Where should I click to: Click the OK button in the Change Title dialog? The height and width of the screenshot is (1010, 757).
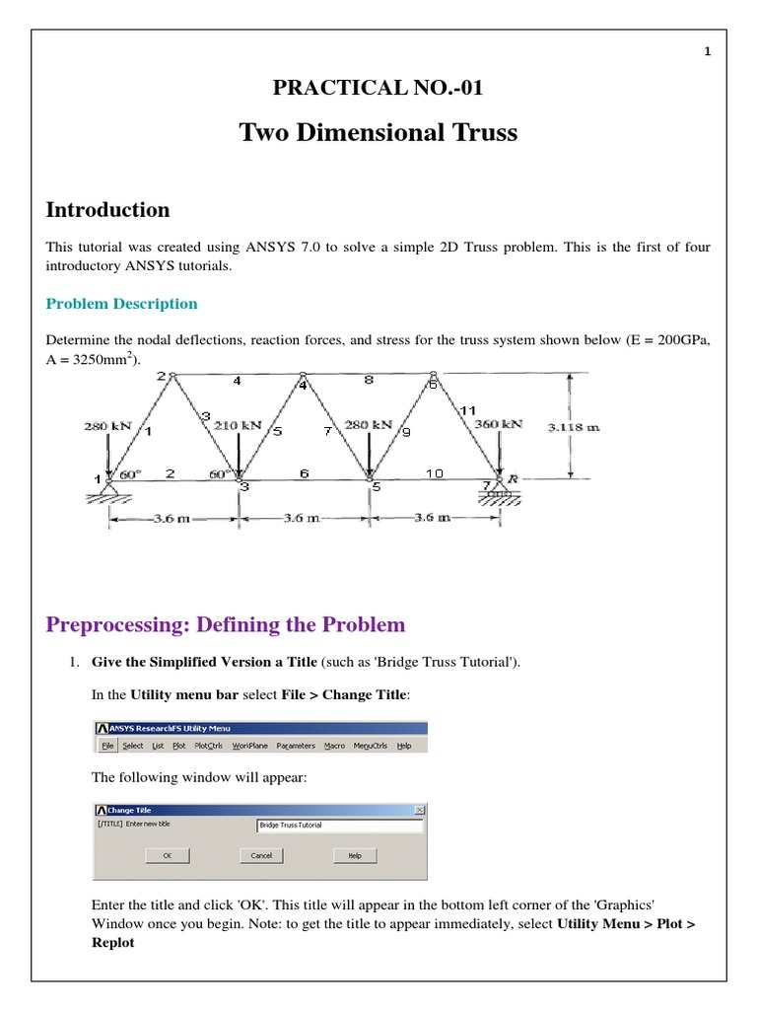point(168,855)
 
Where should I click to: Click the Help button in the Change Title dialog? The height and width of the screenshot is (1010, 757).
point(355,855)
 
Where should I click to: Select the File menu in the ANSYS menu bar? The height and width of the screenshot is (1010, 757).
point(107,746)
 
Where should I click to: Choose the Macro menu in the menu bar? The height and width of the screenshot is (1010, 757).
point(335,746)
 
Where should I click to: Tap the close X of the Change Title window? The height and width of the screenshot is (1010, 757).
point(420,810)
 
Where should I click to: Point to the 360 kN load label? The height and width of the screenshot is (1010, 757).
point(498,424)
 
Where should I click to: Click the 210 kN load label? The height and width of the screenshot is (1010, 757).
point(238,425)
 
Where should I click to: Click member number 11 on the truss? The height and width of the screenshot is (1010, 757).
point(467,408)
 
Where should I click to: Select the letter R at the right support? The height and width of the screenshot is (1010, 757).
point(513,478)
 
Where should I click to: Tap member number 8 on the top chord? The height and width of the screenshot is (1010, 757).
point(367,379)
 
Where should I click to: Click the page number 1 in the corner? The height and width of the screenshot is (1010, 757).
point(708,52)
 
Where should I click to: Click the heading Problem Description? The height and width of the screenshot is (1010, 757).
point(122,304)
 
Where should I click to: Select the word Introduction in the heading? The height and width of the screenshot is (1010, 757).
point(108,209)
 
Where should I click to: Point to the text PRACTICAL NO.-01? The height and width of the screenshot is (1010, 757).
point(378,89)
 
